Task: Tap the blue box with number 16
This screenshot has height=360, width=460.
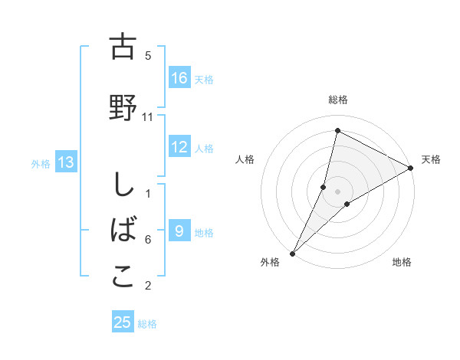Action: coord(179,78)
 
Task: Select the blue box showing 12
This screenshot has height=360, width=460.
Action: coord(179,148)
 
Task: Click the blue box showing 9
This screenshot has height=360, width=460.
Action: coord(179,232)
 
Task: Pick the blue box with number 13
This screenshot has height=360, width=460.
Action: coord(65,162)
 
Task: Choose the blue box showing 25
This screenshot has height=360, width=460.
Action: coord(123,322)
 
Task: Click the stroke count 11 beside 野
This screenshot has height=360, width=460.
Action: coord(148,116)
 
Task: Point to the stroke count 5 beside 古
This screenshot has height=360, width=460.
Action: coord(148,56)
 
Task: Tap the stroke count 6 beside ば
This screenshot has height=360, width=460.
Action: coord(148,240)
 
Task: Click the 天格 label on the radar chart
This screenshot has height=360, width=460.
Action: coord(431,159)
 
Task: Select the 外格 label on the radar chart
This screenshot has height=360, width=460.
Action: coord(270,262)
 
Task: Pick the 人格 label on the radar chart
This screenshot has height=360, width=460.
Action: coord(245,159)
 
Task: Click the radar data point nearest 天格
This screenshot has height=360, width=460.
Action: coord(410,168)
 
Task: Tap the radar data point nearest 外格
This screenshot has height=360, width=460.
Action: coord(292,254)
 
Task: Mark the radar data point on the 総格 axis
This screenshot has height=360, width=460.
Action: coord(337,130)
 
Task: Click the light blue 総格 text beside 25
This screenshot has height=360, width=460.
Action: coord(147,324)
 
